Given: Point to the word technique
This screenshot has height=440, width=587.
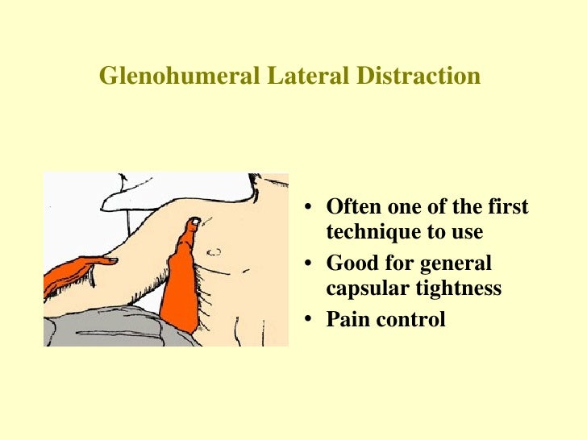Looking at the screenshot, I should [368, 232].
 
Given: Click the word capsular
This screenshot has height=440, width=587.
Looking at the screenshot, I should [361, 288].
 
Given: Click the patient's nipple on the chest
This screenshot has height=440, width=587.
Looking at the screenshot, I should [216, 251].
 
